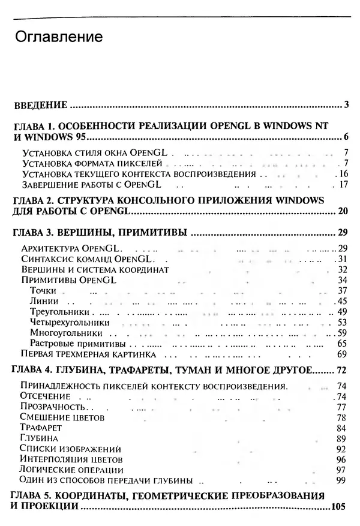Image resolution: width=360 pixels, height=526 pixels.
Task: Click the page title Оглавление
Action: pos(58,38)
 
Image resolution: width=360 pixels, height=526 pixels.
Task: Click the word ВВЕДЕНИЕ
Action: pos(40,106)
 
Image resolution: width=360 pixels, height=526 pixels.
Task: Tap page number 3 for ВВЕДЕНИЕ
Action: pos(347,106)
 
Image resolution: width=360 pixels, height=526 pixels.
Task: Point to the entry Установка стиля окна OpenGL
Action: pos(89,152)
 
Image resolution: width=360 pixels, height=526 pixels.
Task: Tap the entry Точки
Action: pos(43,291)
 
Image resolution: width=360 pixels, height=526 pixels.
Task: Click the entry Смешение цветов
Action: pos(63,417)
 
